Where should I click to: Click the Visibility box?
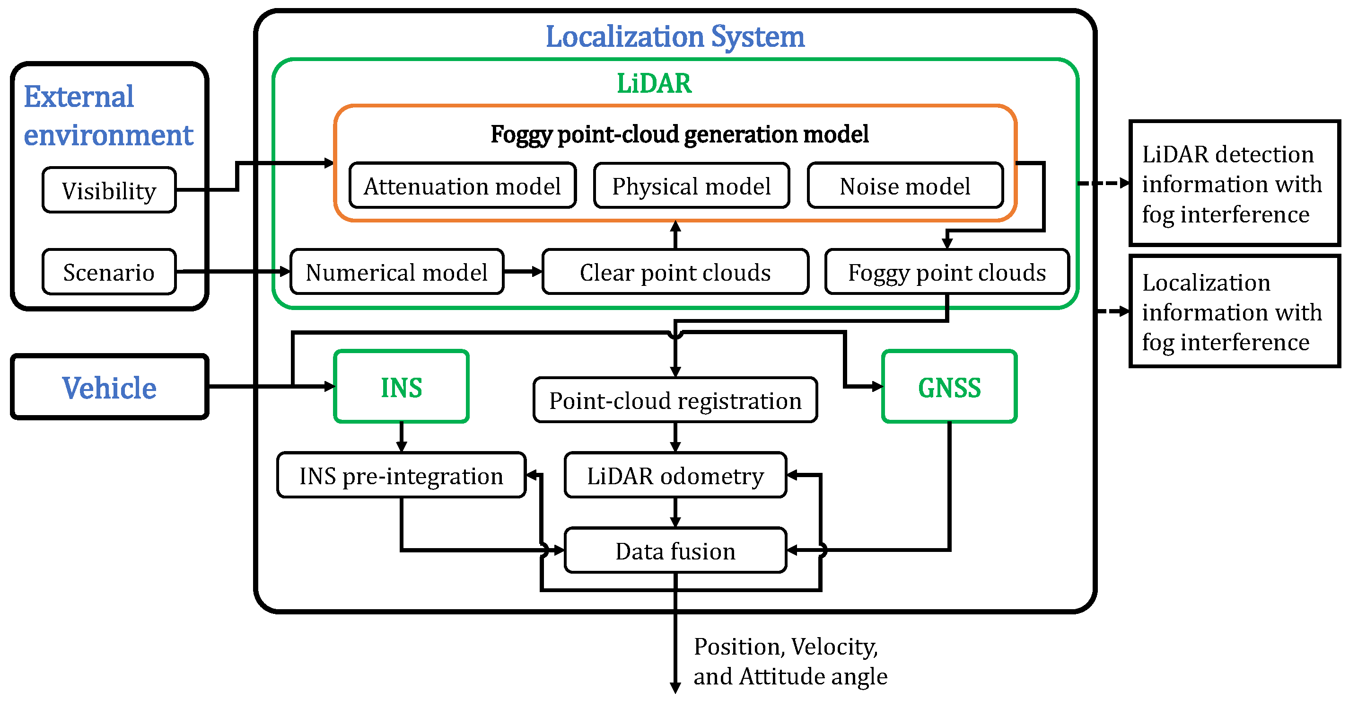109,190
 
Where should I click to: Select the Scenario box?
109,272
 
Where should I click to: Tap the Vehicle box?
109,387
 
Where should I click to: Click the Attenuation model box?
463,186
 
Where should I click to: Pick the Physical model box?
691,186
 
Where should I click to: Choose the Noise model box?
905,186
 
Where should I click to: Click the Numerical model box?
397,272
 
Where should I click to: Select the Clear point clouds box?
675,272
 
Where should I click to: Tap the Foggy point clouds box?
947,272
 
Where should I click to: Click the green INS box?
401,387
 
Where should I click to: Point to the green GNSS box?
949,387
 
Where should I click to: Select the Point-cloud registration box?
675,400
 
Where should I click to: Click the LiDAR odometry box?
675,476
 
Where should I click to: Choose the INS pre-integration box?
401,476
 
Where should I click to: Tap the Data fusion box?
675,550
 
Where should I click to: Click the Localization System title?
675,36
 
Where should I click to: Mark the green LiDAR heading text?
654,83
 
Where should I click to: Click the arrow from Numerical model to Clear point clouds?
523,271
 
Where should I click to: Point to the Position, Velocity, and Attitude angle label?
790,661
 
